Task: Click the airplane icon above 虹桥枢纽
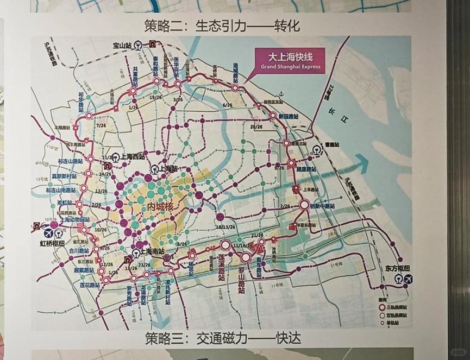click(x=48, y=232)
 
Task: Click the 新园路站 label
click(x=289, y=116)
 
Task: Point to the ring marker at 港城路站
click(x=235, y=88)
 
